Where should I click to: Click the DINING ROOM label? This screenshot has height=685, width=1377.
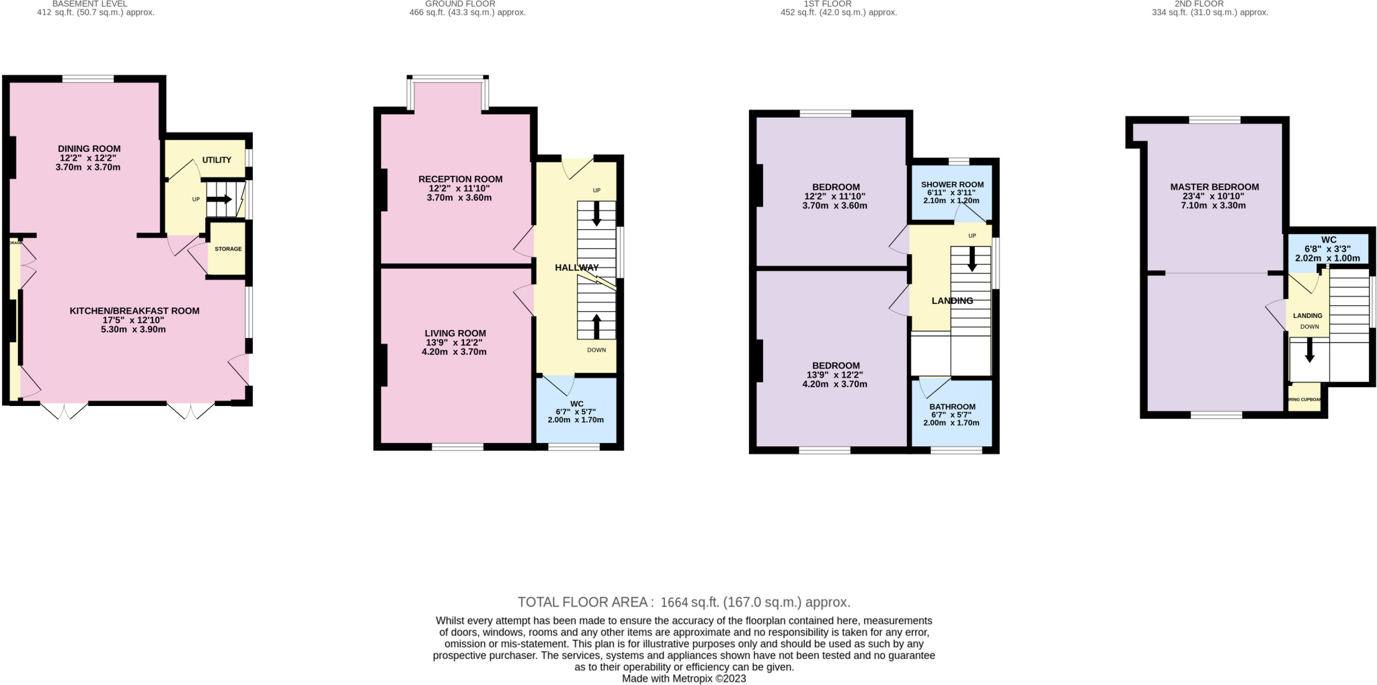click(x=89, y=149)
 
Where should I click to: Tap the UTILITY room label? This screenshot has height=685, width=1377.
click(x=217, y=160)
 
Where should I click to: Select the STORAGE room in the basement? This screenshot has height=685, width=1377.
click(x=228, y=249)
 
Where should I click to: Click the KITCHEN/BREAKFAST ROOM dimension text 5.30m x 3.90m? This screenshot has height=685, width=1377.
click(x=134, y=329)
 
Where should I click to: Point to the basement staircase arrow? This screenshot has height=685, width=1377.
click(x=219, y=200)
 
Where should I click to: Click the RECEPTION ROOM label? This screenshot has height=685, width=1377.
click(x=460, y=179)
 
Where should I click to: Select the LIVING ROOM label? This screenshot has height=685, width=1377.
click(x=455, y=333)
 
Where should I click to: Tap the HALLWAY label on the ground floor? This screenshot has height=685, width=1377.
click(x=576, y=268)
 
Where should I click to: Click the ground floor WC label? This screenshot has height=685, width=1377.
click(x=576, y=404)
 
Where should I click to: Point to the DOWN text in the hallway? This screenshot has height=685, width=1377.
click(x=596, y=350)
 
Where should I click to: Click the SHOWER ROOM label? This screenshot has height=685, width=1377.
click(x=952, y=184)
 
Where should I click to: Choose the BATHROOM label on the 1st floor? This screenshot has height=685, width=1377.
click(x=952, y=407)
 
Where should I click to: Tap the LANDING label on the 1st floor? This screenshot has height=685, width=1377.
click(x=952, y=300)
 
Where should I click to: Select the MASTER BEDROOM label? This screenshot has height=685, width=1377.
click(x=1214, y=187)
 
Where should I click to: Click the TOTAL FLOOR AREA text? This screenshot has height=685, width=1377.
click(x=684, y=602)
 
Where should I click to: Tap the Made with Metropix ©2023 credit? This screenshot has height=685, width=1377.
click(x=684, y=678)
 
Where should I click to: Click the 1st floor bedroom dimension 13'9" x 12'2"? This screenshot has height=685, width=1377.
click(x=834, y=375)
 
